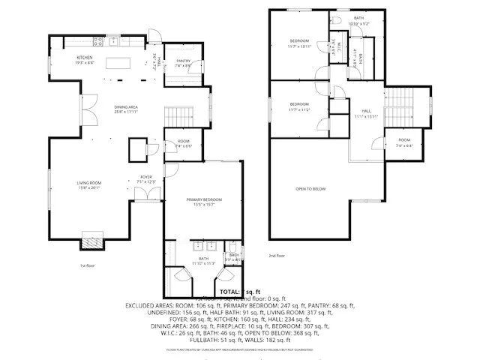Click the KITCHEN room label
pos(83,58)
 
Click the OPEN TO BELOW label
pos(310,189)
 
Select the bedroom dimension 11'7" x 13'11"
pos(300,46)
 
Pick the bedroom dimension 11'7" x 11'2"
pos(299,109)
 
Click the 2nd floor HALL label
pos(367,110)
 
